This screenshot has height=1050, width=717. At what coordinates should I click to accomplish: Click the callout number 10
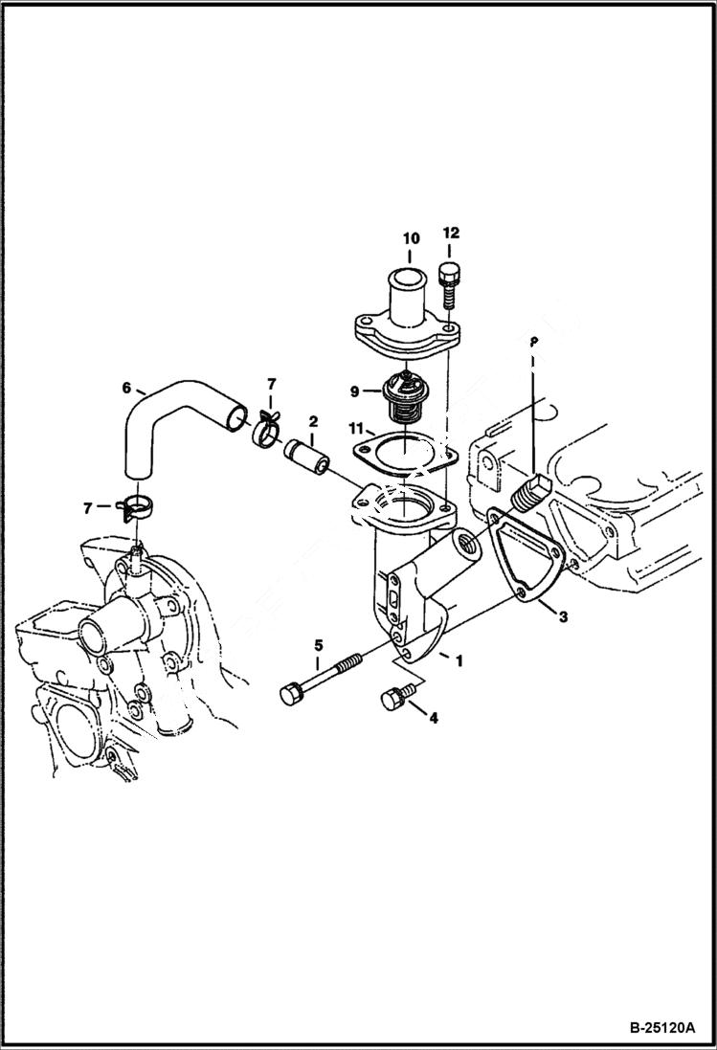(x=410, y=237)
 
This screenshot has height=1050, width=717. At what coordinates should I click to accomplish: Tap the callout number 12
(x=451, y=233)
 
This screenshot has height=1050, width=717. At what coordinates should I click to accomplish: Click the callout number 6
(x=126, y=388)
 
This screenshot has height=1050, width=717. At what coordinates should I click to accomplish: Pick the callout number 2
(x=312, y=421)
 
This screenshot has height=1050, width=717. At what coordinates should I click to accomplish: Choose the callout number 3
(x=563, y=617)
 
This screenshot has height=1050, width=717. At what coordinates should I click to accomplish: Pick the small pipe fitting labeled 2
(x=307, y=457)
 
